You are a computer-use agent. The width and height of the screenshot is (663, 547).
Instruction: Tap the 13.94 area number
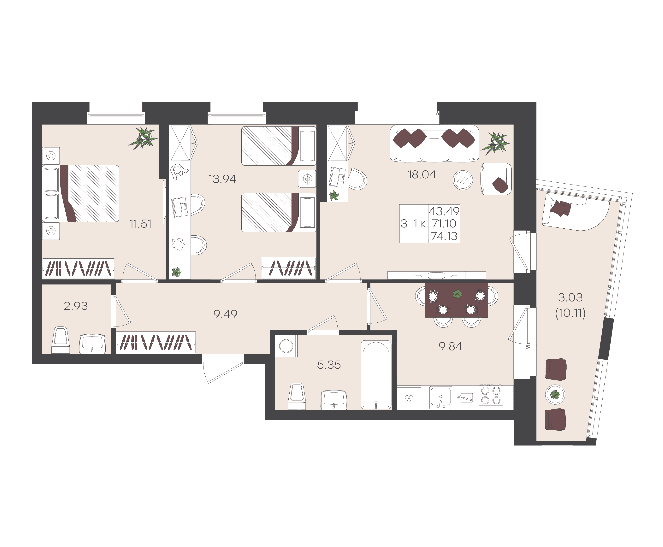coord(222,179)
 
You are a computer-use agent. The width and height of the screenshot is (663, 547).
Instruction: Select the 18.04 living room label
coord(422,174)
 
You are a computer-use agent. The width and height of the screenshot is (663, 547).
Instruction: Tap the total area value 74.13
coord(444,236)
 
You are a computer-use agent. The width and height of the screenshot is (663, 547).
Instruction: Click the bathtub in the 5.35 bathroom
coord(376,375)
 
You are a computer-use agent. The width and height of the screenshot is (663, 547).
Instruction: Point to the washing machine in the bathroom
coord(286,346)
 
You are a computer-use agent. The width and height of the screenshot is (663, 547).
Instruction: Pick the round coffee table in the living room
coord(463,180)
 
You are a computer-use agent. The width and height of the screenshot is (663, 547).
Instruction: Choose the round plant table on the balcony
coord(555,394)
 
